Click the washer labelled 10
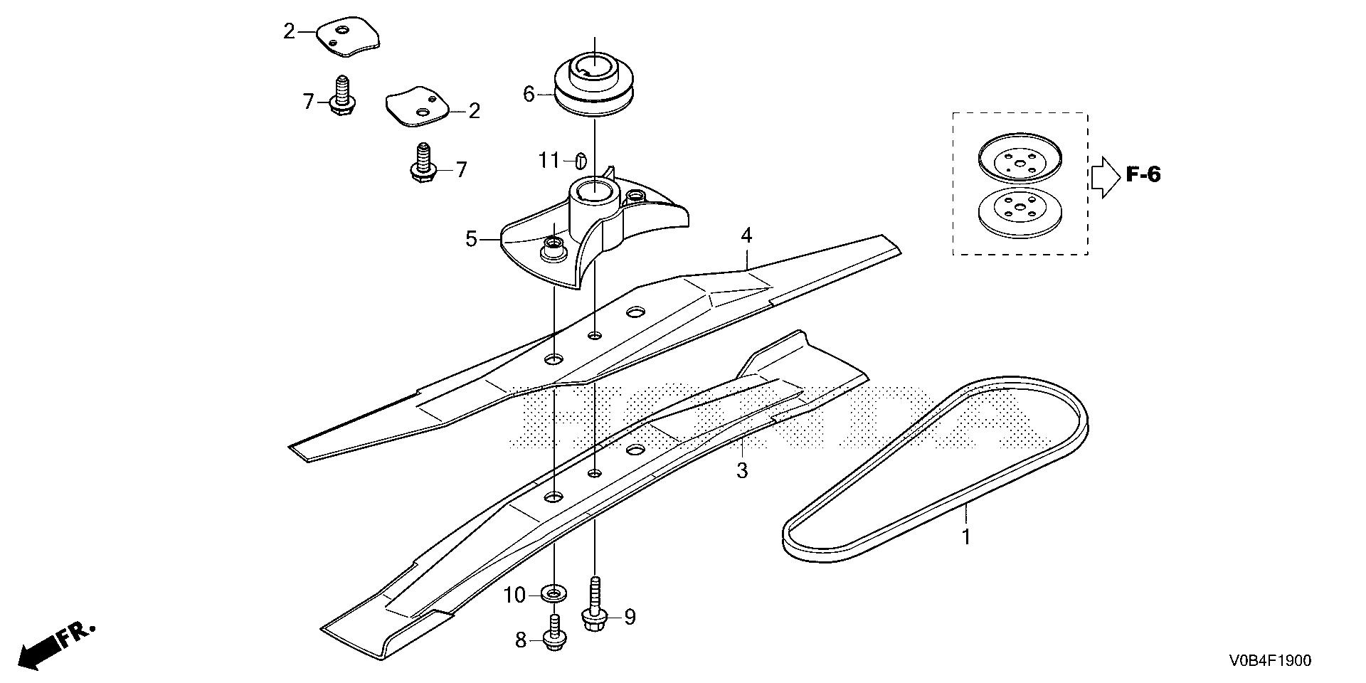[x=553, y=592]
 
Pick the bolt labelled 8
[x=554, y=633]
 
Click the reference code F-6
[x=1143, y=174]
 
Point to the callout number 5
[x=472, y=239]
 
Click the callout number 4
[x=746, y=235]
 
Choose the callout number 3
[x=742, y=470]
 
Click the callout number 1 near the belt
[x=966, y=537]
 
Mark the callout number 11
[x=549, y=161]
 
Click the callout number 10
[x=514, y=595]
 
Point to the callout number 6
[x=529, y=94]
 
